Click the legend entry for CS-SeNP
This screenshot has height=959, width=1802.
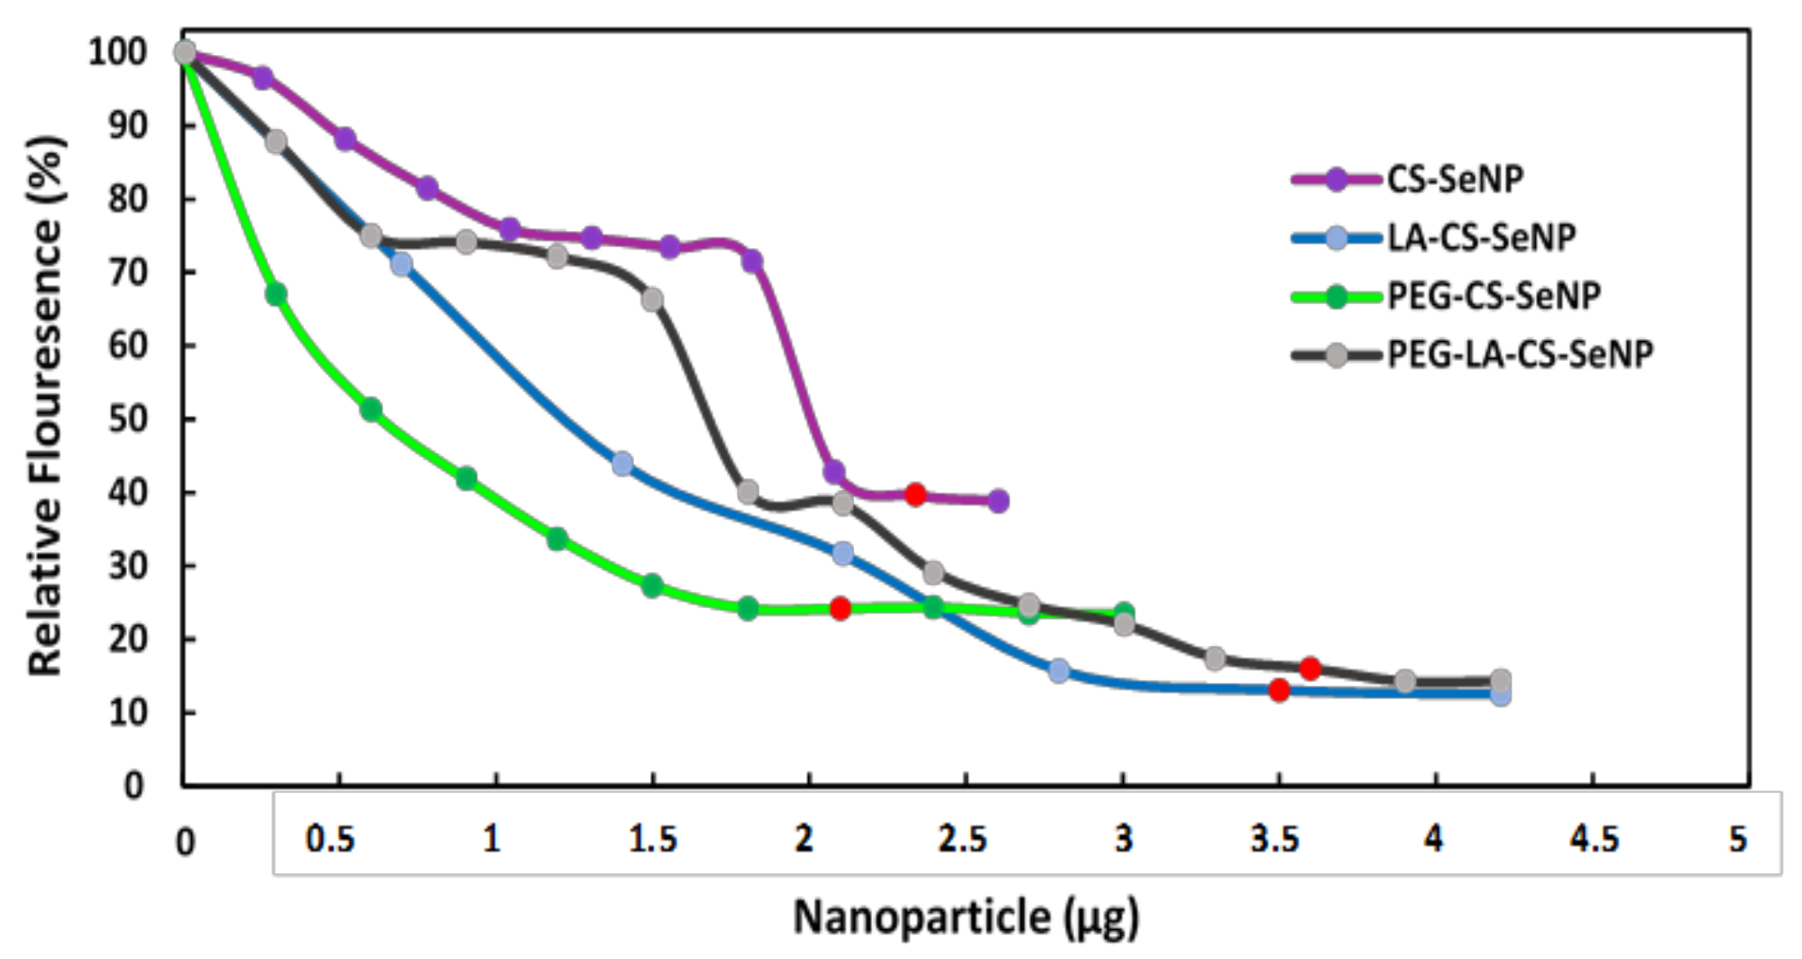pyautogui.click(x=1454, y=180)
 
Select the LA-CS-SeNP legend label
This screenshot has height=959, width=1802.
pyautogui.click(x=1480, y=238)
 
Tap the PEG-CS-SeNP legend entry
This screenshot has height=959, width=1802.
pyautogui.click(x=1493, y=296)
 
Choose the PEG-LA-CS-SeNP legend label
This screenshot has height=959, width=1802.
pyautogui.click(x=1519, y=355)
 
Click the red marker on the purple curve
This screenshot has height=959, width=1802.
pyautogui.click(x=915, y=494)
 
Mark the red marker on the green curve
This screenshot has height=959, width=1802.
pyautogui.click(x=840, y=608)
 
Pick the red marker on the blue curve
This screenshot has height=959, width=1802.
pyautogui.click(x=1279, y=690)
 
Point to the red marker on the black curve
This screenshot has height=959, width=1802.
pyautogui.click(x=1310, y=669)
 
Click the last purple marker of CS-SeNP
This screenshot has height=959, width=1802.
pyautogui.click(x=998, y=501)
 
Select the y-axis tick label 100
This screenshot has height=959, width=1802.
pyautogui.click(x=117, y=51)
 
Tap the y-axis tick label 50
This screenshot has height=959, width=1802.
pyautogui.click(x=127, y=420)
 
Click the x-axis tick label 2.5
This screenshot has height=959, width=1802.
pyautogui.click(x=962, y=840)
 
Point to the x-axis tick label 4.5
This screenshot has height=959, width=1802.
pyautogui.click(x=1594, y=840)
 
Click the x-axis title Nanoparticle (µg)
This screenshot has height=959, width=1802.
pyautogui.click(x=966, y=918)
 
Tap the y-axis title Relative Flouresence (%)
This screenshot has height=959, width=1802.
pyautogui.click(x=45, y=406)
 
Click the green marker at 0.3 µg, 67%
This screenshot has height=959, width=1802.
pyautogui.click(x=276, y=294)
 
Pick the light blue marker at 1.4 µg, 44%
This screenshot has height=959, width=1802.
pyautogui.click(x=622, y=464)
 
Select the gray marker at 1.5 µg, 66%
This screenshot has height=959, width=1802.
pyautogui.click(x=652, y=300)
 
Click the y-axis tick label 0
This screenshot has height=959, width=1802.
pyautogui.click(x=133, y=786)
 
